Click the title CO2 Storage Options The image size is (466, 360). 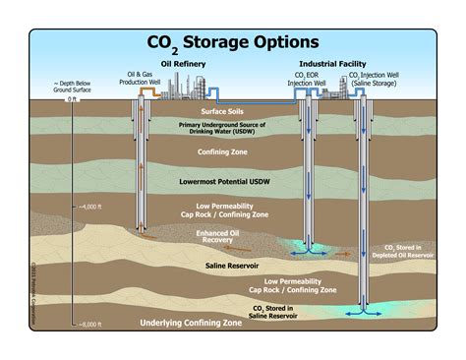click(233, 43)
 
